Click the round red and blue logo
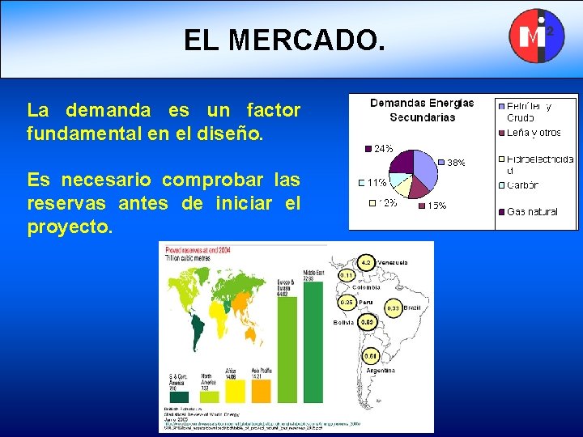tap(535, 36)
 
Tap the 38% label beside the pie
tap(456, 163)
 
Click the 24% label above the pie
tap(383, 148)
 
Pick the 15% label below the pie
tap(436, 206)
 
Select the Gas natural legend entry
tap(531, 212)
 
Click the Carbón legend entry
tap(522, 185)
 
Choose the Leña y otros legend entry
tap(533, 133)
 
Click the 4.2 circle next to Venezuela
tap(365, 262)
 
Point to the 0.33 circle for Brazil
tap(394, 308)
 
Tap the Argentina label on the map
tap(379, 369)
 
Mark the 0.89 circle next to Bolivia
tap(367, 322)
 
